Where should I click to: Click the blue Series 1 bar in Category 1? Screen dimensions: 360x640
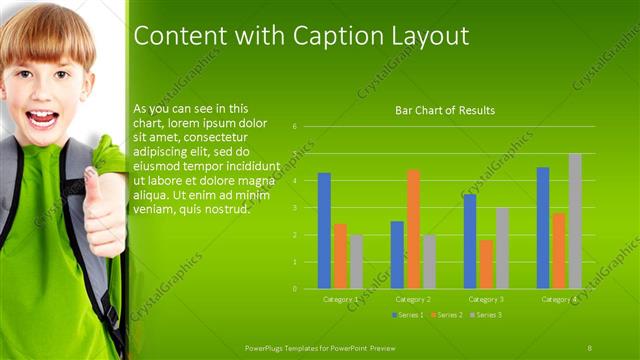coord(324,231)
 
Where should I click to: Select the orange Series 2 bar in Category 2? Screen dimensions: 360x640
coord(413,229)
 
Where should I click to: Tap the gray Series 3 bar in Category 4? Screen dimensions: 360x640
coord(575,221)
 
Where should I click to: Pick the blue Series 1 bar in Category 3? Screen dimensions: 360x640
coord(470,241)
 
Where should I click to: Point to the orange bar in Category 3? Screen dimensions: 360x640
coord(486,264)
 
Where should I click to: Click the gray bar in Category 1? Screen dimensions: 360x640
coord(356,262)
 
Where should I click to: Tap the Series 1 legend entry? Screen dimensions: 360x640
coord(408,315)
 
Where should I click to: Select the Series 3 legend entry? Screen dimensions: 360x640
coord(486,315)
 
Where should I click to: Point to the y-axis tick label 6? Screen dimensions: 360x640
coord(295,127)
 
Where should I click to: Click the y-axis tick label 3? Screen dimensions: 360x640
coord(295,208)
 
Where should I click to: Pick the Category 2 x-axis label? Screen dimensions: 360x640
coord(413,299)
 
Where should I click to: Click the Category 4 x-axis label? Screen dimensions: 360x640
coord(559,299)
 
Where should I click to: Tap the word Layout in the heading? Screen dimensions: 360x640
coord(424,36)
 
